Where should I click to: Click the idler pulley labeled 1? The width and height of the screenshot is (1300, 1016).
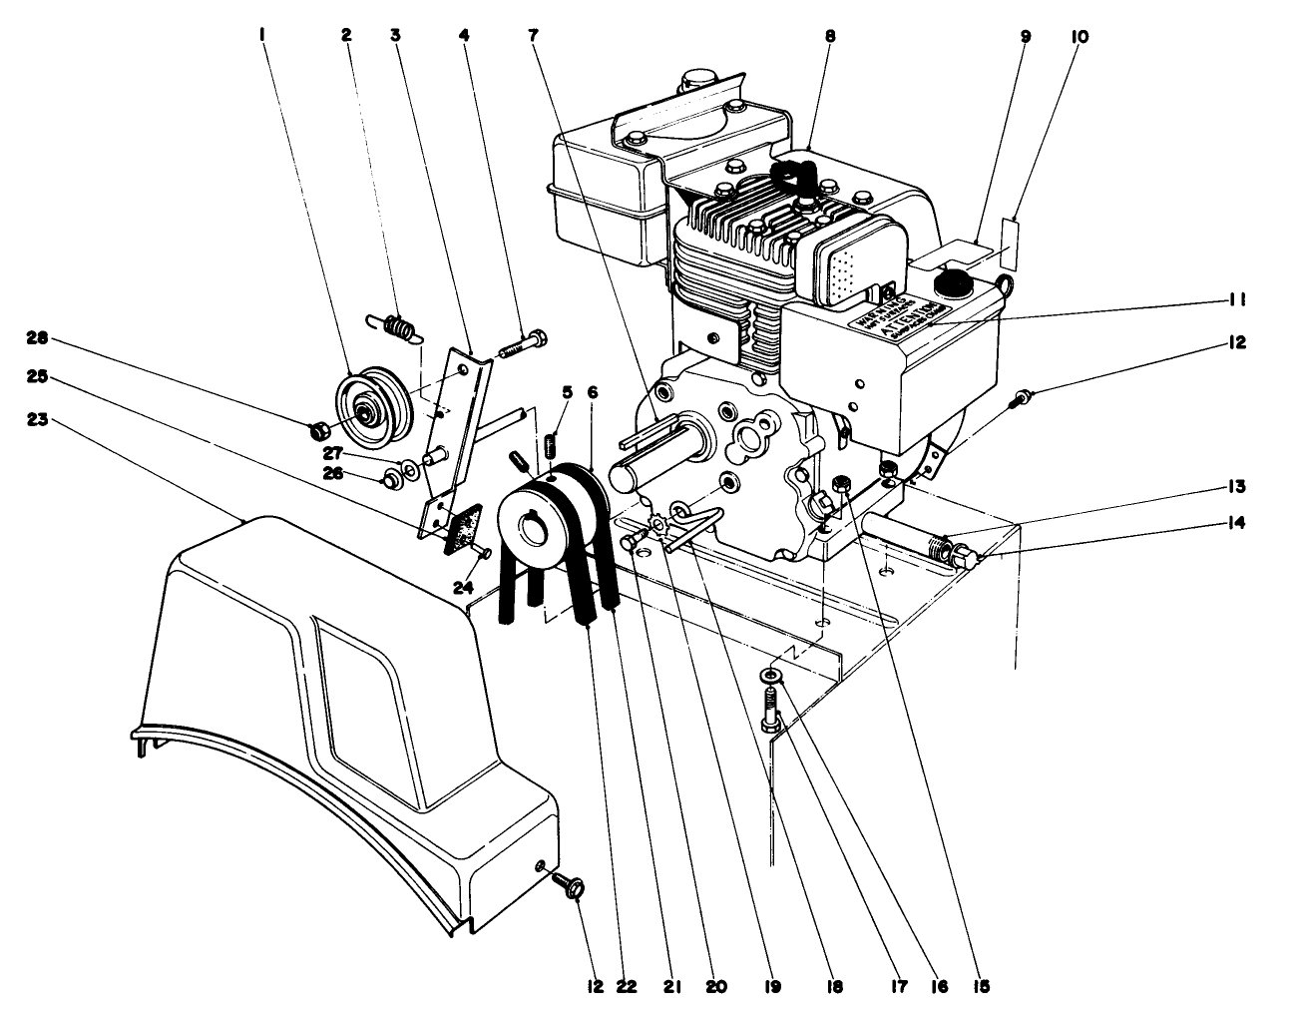[368, 404]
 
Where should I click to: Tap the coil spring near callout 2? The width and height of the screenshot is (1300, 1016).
[397, 325]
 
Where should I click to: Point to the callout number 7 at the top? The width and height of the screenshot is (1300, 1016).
[534, 36]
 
